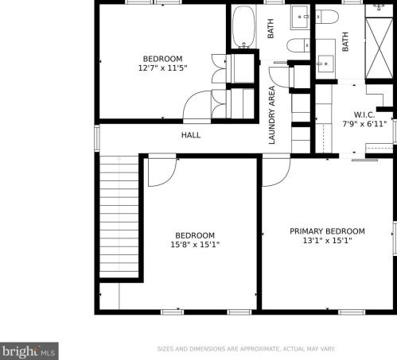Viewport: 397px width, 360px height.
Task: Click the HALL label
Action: tap(191, 135)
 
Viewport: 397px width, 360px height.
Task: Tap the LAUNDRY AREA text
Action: tap(272, 115)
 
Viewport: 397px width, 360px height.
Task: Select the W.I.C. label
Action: tap(364, 115)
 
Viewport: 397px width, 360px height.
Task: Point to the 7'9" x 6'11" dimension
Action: tap(364, 124)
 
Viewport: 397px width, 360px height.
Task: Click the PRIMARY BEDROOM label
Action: tap(327, 231)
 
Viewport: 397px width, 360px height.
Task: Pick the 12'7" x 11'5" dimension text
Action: tap(162, 68)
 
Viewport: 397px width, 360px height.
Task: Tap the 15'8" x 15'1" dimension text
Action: tap(195, 245)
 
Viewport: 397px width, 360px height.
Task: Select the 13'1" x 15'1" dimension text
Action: tap(327, 241)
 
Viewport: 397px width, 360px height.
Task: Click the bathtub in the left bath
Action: tap(243, 27)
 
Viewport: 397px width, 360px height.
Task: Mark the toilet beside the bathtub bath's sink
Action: tap(298, 45)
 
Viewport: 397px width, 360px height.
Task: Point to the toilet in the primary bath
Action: tap(327, 17)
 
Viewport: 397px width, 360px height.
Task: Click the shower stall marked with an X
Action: tap(379, 48)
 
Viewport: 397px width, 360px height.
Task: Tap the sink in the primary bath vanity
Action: tap(325, 64)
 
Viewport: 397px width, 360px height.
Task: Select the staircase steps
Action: tap(119, 217)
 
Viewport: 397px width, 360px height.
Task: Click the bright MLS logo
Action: tap(29, 351)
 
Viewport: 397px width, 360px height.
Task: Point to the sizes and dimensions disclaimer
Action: tap(247, 349)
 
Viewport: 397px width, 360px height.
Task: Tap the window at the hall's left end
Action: tap(97, 138)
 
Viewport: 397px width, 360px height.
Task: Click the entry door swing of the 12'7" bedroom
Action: tap(197, 105)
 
